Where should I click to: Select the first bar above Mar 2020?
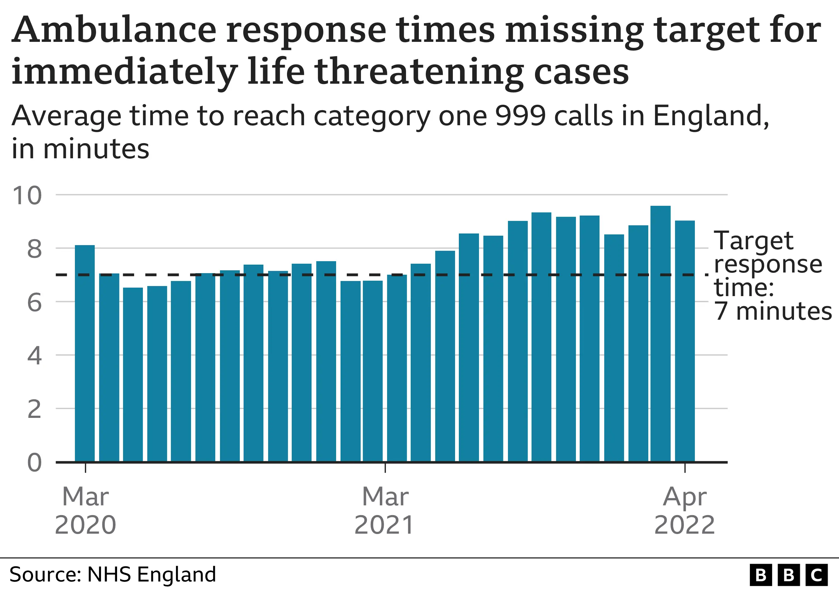[x=85, y=353]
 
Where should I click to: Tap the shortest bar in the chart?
[x=133, y=374]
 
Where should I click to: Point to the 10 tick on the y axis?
[x=27, y=195]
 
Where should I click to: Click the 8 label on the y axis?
[x=34, y=250]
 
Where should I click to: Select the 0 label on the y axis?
[x=34, y=463]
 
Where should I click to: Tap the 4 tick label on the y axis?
[x=34, y=356]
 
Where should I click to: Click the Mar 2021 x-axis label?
[x=385, y=511]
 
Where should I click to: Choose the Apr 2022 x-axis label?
[x=684, y=511]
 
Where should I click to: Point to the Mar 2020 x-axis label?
[x=85, y=511]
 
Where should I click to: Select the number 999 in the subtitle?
[x=520, y=116]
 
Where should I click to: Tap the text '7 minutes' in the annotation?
[x=773, y=311]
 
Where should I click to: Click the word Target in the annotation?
[x=753, y=241]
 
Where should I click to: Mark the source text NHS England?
[x=151, y=574]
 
